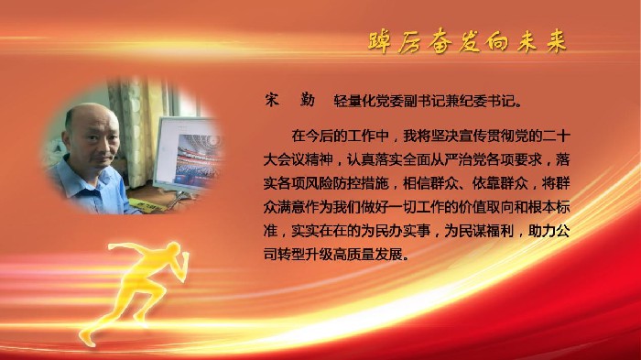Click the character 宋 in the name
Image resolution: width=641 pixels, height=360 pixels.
click(269, 99)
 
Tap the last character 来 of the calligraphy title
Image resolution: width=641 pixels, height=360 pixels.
click(555, 42)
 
